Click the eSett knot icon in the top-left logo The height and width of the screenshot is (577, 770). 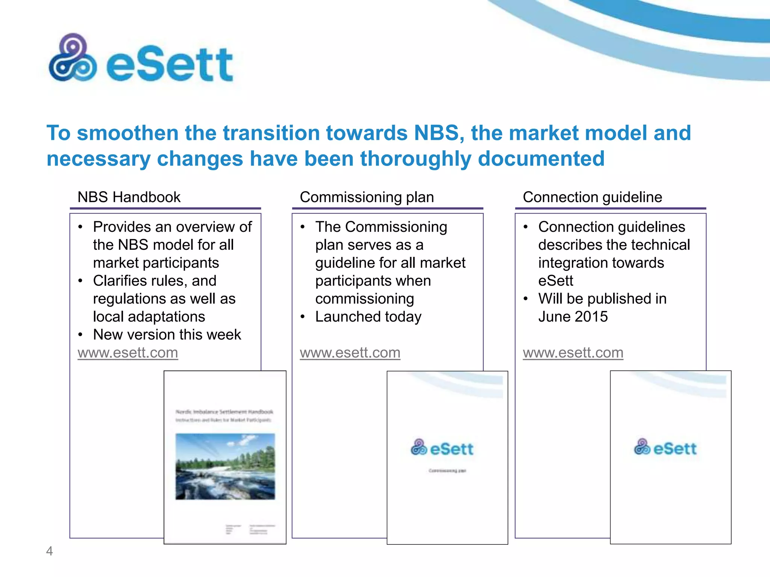click(x=73, y=58)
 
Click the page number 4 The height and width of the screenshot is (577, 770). click(x=49, y=551)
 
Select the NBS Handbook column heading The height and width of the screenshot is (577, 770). click(x=129, y=197)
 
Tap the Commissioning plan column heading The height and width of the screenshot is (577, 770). click(x=367, y=197)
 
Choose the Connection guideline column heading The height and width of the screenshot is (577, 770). click(x=592, y=197)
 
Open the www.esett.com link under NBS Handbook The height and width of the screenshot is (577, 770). click(x=128, y=353)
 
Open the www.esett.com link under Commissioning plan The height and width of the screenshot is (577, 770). click(x=350, y=353)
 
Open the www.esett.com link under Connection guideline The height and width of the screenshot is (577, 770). click(x=573, y=353)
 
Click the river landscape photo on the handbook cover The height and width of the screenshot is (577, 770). click(x=225, y=467)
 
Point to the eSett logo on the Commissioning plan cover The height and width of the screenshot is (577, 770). click(x=442, y=448)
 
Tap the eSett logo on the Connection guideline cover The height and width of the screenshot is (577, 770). click(x=665, y=447)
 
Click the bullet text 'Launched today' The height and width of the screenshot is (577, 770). click(x=368, y=317)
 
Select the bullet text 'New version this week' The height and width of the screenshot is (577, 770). click(x=167, y=335)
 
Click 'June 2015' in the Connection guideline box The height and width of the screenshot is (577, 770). click(x=573, y=317)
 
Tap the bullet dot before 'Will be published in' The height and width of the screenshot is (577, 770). click(x=526, y=299)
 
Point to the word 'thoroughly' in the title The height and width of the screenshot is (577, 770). click(x=415, y=159)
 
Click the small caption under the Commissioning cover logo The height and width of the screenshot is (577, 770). click(x=447, y=471)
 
